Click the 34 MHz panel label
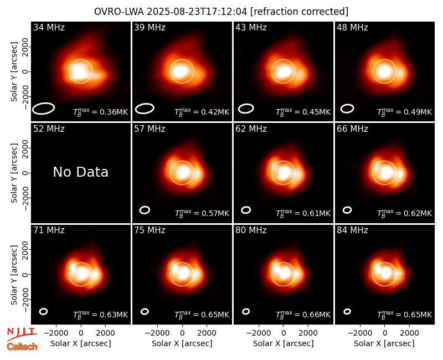tap(49, 27)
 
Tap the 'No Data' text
tap(81, 172)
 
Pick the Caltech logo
tap(22, 347)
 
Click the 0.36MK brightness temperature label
tap(101, 112)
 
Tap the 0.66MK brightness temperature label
tap(303, 315)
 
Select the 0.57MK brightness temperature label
tap(202, 213)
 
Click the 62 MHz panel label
tap(251, 129)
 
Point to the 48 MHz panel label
tap(352, 27)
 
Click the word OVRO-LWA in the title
tap(119, 12)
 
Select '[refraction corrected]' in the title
tap(299, 12)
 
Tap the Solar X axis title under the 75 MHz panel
tap(182, 343)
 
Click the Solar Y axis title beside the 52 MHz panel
tap(14, 173)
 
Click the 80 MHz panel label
tap(251, 230)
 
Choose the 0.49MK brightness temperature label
tap(405, 112)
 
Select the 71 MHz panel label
tap(49, 230)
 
